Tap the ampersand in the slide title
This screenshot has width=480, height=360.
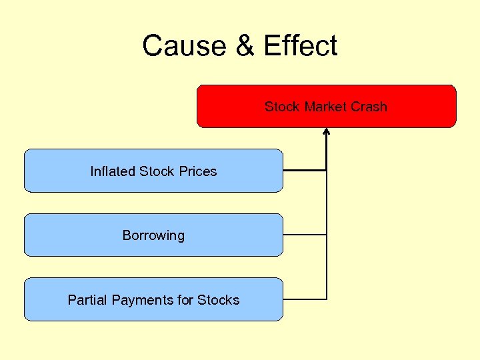pyautogui.click(x=244, y=46)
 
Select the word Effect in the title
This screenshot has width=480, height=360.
pyautogui.click(x=300, y=46)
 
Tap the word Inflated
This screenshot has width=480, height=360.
pyautogui.click(x=113, y=171)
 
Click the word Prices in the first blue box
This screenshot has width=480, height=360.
pyautogui.click(x=199, y=171)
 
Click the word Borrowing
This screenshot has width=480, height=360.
pyautogui.click(x=153, y=235)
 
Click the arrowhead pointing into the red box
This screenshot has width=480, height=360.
pyautogui.click(x=327, y=131)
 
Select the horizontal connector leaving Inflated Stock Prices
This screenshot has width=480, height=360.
pyautogui.click(x=305, y=171)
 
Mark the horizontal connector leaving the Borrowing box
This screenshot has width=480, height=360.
pyautogui.click(x=305, y=235)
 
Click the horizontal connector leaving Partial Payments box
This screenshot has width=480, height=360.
pyautogui.click(x=305, y=299)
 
